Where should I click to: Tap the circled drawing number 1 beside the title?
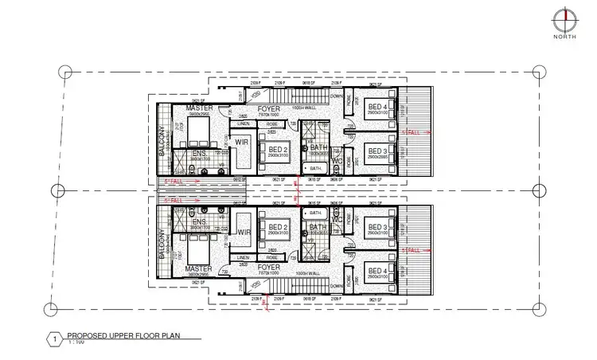coord(54,338)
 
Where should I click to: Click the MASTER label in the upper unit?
coord(198,108)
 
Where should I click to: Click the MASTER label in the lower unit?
coord(198,268)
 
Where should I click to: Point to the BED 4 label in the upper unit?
coord(378,107)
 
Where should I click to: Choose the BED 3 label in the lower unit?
coord(378,227)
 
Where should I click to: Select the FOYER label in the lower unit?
coord(257,268)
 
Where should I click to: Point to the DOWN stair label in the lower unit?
coord(338,284)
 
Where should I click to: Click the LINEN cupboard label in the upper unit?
coord(244,124)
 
